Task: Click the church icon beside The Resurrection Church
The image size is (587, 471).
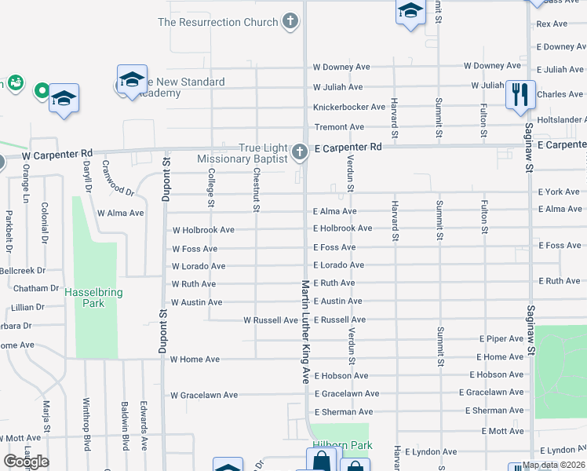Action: pyautogui.click(x=290, y=21)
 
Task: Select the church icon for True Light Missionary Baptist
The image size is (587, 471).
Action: pyautogui.click(x=299, y=152)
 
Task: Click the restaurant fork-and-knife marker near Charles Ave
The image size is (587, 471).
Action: pyautogui.click(x=520, y=93)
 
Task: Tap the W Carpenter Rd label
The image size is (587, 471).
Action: pyautogui.click(x=62, y=153)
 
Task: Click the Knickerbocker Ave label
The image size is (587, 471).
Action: pyautogui.click(x=349, y=107)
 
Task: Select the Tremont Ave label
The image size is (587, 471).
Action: pyautogui.click(x=339, y=126)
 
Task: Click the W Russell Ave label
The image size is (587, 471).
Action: pyautogui.click(x=271, y=320)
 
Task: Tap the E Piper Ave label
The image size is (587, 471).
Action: pyautogui.click(x=501, y=339)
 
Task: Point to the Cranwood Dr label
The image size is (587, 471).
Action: pyautogui.click(x=119, y=185)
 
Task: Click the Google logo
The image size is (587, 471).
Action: pyautogui.click(x=26, y=462)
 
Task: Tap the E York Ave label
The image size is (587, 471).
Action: pyautogui.click(x=559, y=192)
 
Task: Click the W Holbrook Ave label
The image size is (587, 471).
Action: pyautogui.click(x=203, y=230)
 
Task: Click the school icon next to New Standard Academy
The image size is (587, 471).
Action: pyautogui.click(x=132, y=79)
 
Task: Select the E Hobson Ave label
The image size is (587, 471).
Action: pyautogui.click(x=496, y=375)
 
